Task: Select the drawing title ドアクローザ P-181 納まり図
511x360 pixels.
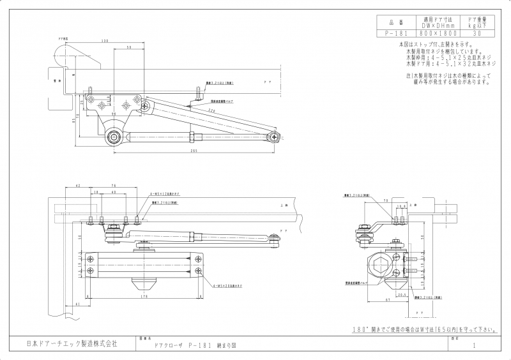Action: click(x=195, y=345)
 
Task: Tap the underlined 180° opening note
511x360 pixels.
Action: click(x=424, y=330)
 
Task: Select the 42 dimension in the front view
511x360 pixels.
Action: click(x=78, y=184)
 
